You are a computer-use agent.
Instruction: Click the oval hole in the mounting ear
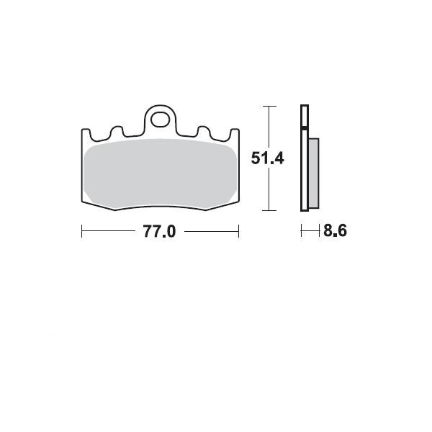point(160,120)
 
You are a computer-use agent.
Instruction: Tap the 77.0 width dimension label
point(159,231)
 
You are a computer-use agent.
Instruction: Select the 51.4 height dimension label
point(267,158)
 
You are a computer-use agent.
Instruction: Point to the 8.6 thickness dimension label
point(335,230)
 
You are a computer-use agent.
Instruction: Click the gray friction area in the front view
point(161,174)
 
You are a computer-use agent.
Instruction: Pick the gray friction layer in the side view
point(314,174)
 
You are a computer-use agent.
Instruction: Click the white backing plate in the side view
point(305,158)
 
